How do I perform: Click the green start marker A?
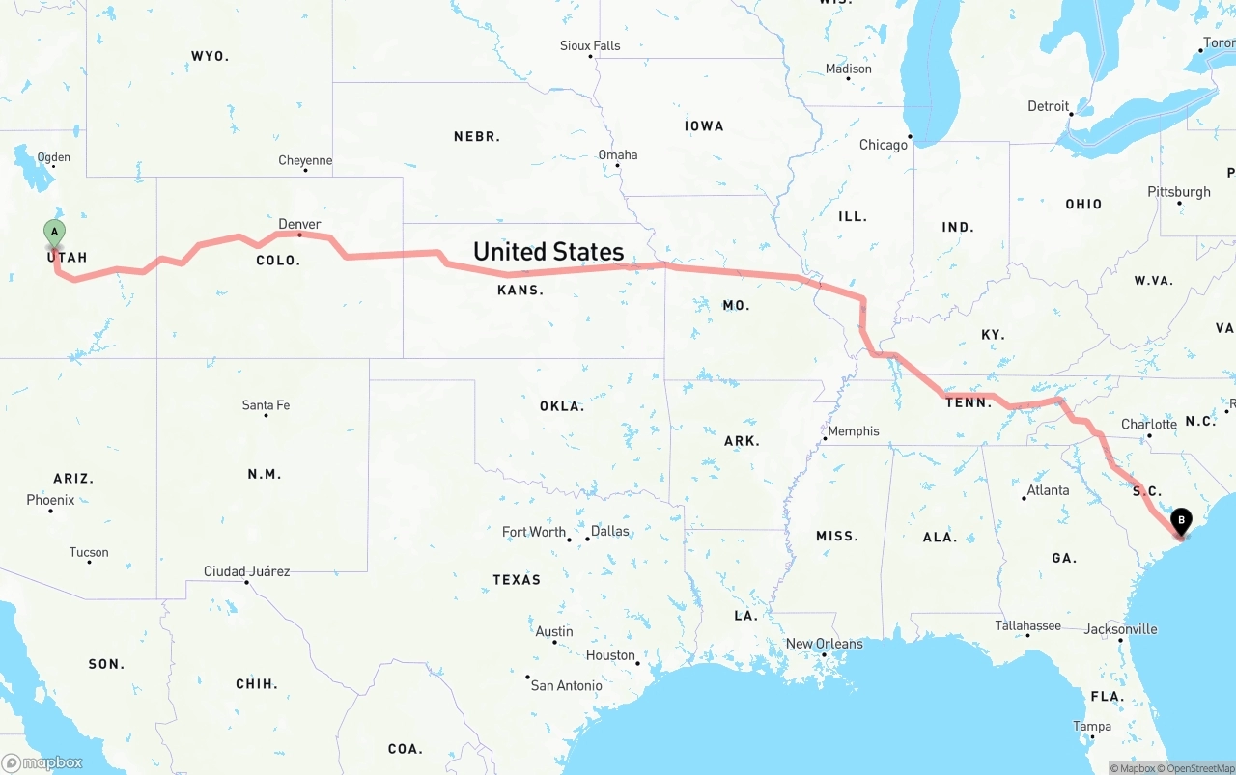[55, 232]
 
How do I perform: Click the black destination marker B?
[1180, 522]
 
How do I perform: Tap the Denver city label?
[299, 224]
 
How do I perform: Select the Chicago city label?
[884, 145]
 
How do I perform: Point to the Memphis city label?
[854, 431]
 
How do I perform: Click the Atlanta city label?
[1048, 490]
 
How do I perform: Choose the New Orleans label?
[824, 644]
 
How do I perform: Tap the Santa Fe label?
[266, 405]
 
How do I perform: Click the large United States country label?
[548, 252]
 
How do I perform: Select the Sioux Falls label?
[590, 45]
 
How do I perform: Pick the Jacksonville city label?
[1120, 629]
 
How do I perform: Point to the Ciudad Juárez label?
[246, 571]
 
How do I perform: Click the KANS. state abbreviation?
[520, 290]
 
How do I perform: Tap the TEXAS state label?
[517, 580]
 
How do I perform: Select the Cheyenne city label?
[305, 160]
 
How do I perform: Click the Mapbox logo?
[42, 763]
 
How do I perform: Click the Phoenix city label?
[50, 500]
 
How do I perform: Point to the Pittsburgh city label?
[1179, 192]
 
